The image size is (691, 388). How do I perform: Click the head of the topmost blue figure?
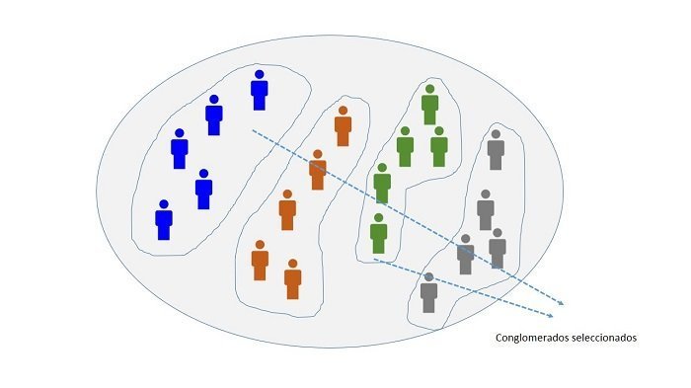[x=260, y=74]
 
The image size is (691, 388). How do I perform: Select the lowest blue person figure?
[x=164, y=220]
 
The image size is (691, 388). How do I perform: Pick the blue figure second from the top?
[x=214, y=116]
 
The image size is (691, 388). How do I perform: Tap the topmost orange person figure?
[x=343, y=126]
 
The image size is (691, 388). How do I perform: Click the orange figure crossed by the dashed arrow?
[x=318, y=170]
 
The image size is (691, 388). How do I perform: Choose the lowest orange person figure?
[x=292, y=279]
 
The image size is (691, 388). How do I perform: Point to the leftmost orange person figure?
[x=260, y=260]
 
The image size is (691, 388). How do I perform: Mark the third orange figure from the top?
[x=287, y=210]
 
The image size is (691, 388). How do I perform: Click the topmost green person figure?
[x=430, y=105]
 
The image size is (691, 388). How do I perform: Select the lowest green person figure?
[x=378, y=233]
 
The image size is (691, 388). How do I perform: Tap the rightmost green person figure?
[x=439, y=146]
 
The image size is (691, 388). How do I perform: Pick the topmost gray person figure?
[x=496, y=149]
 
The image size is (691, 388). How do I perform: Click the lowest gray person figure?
[x=428, y=293]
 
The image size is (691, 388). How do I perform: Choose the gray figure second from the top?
[x=486, y=210]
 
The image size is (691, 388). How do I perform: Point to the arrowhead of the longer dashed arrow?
[x=561, y=303]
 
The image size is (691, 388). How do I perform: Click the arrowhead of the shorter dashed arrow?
[x=551, y=315]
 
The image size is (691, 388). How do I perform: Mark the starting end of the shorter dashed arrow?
[x=374, y=260]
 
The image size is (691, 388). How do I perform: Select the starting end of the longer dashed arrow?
[x=253, y=130]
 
